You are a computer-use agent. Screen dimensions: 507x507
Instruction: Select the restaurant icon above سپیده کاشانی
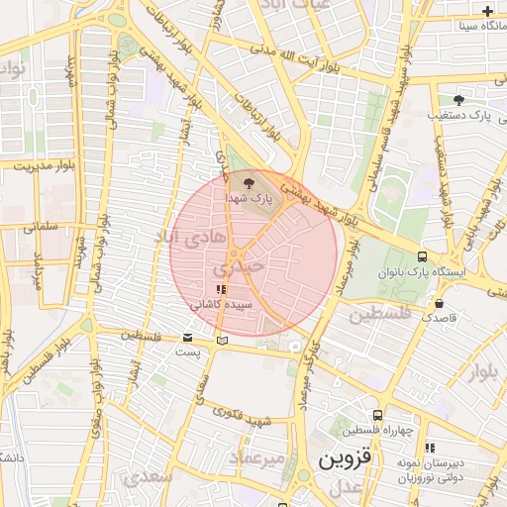(x=220, y=289)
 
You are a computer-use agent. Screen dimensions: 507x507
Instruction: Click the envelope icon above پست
(x=188, y=338)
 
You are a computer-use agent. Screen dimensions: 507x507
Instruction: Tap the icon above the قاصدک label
(x=439, y=304)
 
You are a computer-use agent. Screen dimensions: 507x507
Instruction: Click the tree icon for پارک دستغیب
(x=457, y=100)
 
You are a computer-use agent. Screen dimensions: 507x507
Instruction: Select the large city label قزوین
(x=337, y=461)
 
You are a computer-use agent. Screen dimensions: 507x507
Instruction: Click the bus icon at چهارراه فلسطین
(x=376, y=415)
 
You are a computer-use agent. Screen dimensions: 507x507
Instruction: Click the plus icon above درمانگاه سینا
(x=487, y=11)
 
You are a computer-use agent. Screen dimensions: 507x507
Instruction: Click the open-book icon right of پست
(x=222, y=341)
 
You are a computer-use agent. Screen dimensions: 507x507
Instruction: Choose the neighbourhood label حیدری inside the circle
(x=240, y=266)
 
